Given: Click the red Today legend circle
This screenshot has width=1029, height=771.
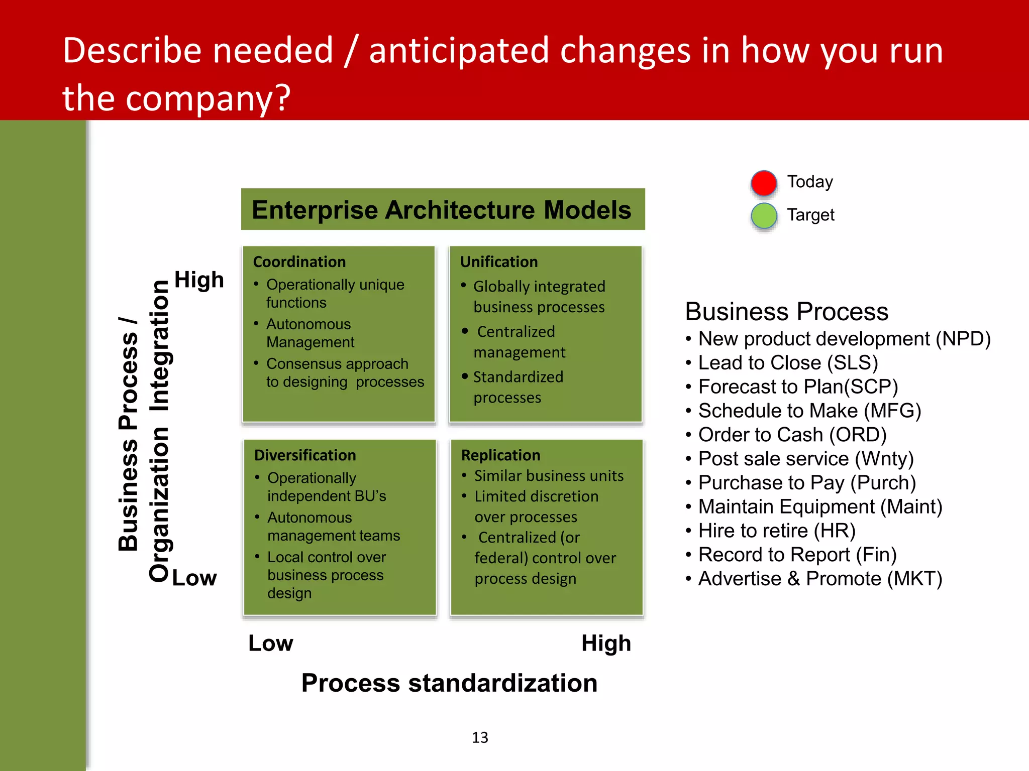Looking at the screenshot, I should (x=764, y=183).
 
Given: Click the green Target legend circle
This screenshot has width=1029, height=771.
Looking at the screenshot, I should (x=764, y=216).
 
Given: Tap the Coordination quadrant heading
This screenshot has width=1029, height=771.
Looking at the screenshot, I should (x=299, y=262).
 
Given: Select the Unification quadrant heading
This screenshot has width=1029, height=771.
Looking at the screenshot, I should (x=499, y=262).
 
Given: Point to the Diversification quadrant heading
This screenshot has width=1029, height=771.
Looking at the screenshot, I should (x=305, y=455).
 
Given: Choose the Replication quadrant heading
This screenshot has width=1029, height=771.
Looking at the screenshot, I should (x=500, y=455).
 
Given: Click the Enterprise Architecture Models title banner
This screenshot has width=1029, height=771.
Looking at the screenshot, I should (x=443, y=210).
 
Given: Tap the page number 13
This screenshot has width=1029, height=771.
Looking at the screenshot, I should (x=480, y=737).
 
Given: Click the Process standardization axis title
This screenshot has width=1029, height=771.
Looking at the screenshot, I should (x=449, y=683).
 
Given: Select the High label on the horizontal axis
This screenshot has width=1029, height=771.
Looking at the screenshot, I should (x=606, y=644).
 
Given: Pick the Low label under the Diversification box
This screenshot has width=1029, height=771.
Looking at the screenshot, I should (x=270, y=644).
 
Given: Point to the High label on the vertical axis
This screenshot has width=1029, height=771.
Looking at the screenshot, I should (x=199, y=280).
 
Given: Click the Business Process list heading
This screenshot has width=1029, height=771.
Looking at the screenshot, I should (x=787, y=312).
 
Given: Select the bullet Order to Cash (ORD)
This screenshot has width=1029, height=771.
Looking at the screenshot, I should (x=792, y=435).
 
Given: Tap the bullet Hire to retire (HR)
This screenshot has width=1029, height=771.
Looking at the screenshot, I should (x=776, y=531).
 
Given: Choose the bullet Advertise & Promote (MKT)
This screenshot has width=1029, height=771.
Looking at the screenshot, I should (x=819, y=579).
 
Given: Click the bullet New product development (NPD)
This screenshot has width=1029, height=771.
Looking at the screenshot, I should (x=844, y=339).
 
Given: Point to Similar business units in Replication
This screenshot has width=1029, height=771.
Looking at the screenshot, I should (x=549, y=476).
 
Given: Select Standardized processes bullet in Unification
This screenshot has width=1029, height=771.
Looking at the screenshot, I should (x=518, y=387).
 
